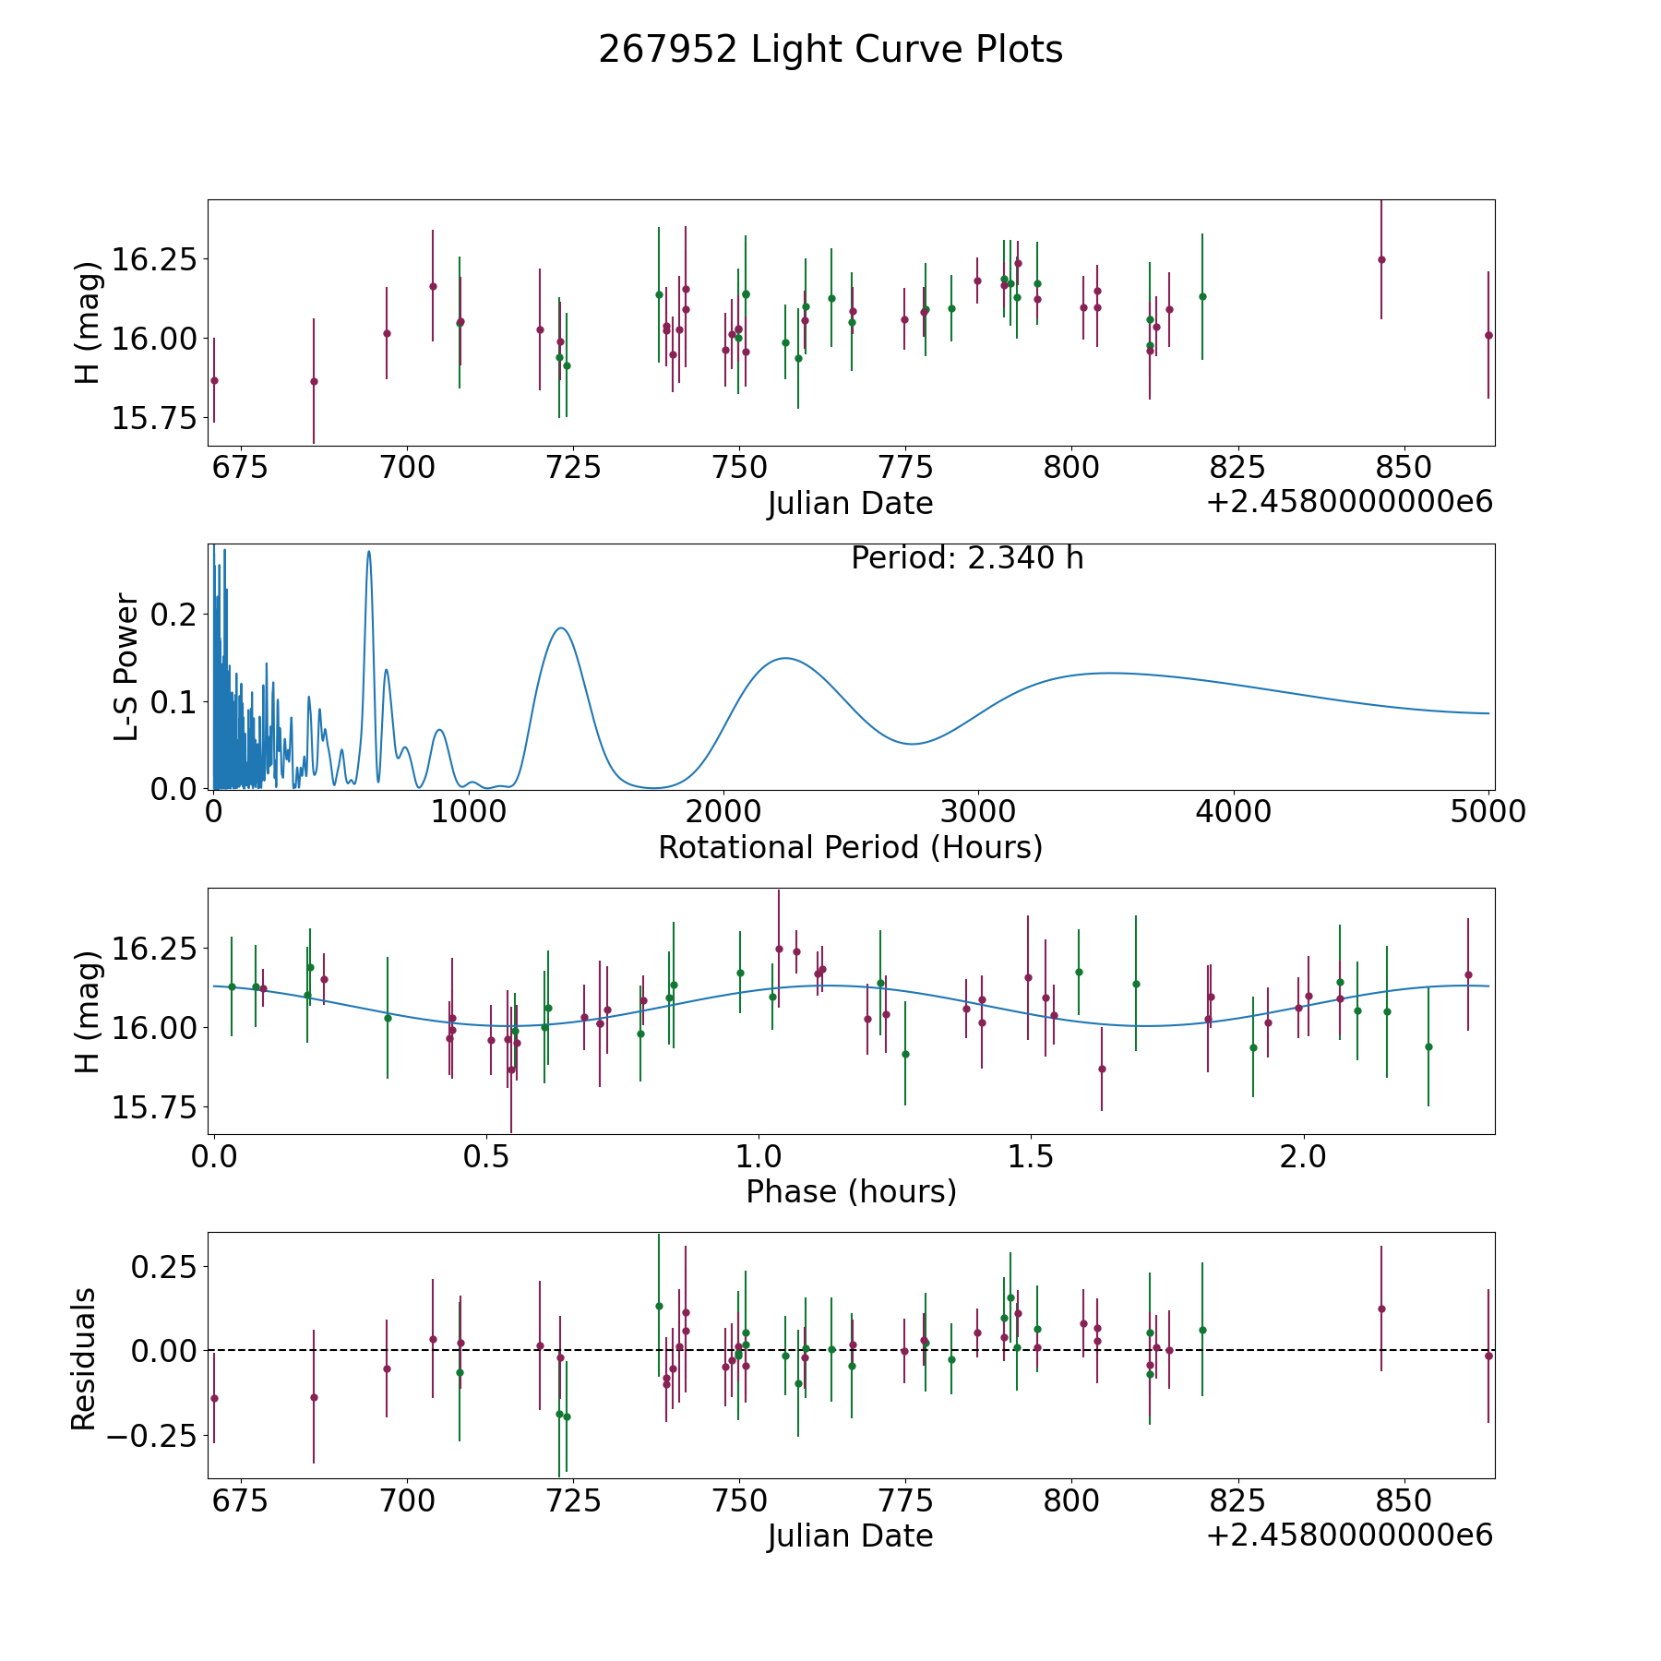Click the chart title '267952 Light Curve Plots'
point(830,50)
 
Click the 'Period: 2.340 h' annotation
point(967,558)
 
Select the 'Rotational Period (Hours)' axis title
point(850,847)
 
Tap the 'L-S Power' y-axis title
point(127,666)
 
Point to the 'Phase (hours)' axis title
point(851,1191)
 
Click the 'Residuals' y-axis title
point(84,1359)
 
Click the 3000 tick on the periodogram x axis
point(978,812)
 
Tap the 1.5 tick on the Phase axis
point(1030,1156)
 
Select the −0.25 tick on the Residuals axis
point(152,1436)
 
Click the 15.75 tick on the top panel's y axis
point(154,418)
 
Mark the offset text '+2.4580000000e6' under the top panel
point(1349,502)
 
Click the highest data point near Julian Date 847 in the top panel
point(1381,259)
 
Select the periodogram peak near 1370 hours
point(560,628)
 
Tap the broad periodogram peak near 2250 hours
point(784,658)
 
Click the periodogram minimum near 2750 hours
point(913,744)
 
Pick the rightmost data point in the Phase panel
point(1468,974)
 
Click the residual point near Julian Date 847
point(1381,1308)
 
